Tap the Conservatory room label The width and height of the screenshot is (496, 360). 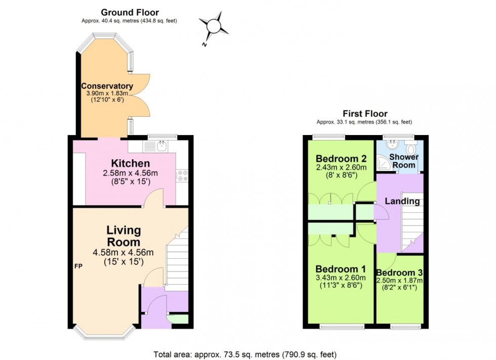point(107,86)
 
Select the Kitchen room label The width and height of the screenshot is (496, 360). point(131,163)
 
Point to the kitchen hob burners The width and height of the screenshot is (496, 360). point(181,175)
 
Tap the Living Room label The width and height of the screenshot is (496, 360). point(123,236)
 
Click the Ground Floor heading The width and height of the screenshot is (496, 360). point(130,12)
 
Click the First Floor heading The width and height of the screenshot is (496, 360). point(364,114)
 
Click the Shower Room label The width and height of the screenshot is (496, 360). point(403,161)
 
